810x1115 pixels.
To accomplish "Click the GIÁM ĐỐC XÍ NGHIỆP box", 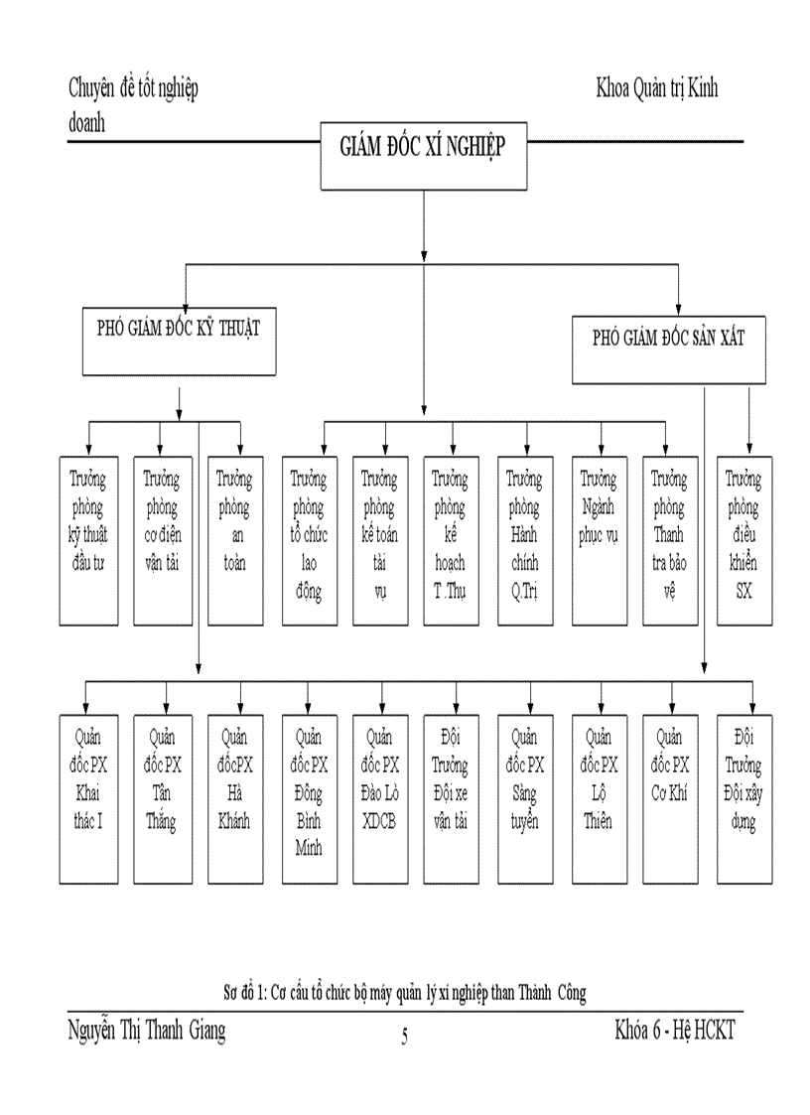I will coord(423,155).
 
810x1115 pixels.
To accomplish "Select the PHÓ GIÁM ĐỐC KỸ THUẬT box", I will coord(179,342).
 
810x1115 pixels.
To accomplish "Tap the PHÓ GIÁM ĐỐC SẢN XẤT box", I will coord(669,348).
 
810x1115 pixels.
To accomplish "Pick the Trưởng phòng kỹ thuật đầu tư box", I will coord(88,540).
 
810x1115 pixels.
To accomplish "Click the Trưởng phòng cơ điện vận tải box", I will coord(161,540).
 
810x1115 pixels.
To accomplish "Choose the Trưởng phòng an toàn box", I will coord(234,540).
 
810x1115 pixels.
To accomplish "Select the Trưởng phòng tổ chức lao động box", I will coord(310,540).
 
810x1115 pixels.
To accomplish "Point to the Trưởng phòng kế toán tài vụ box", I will coord(380,540).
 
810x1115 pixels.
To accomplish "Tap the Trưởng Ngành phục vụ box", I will coord(599,540).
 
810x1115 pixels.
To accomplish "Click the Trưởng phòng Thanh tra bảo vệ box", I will coord(669,540).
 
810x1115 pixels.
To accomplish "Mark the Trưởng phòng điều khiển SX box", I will coord(743,540).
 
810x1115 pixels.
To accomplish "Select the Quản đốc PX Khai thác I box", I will coord(88,798).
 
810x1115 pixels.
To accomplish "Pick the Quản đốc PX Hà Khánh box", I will coord(234,798).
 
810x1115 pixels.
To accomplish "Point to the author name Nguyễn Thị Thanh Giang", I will coord(147,1032).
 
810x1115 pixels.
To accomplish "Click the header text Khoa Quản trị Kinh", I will coord(656,88).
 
